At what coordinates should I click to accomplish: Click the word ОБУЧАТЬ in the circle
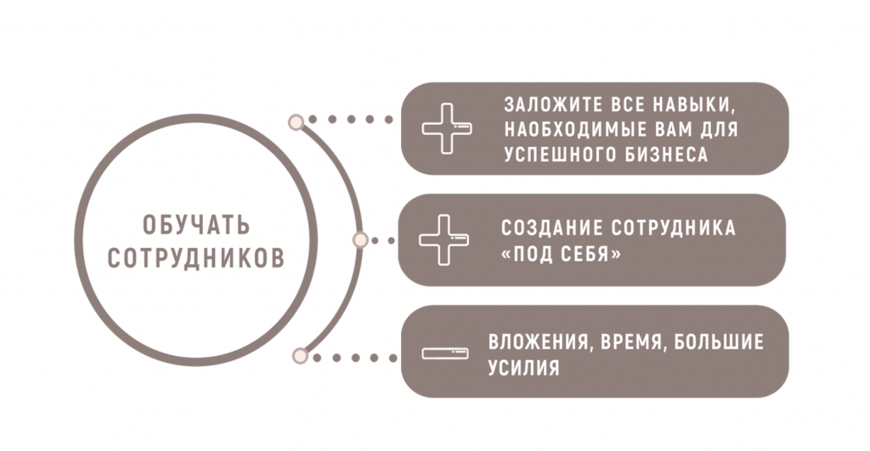[196, 225]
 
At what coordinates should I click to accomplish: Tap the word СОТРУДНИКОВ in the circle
[196, 258]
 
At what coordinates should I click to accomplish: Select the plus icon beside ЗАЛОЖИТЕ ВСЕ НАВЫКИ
[447, 129]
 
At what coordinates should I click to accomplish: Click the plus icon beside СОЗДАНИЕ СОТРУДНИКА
[443, 240]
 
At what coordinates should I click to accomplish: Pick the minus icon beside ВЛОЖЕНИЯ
[445, 352]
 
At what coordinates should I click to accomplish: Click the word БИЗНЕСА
[667, 155]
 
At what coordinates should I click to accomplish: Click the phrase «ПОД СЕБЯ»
[561, 254]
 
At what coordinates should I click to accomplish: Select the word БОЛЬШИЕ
[719, 341]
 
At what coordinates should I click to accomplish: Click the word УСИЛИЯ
[523, 367]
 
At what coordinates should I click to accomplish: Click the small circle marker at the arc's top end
[297, 122]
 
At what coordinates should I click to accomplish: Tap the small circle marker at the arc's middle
[360, 240]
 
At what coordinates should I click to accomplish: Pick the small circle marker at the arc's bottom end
[300, 356]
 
